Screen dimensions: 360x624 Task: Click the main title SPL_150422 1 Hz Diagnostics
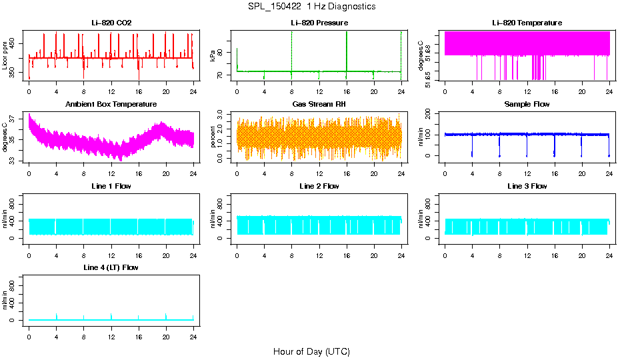[x=311, y=7]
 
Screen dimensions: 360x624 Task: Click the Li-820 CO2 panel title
[x=111, y=23]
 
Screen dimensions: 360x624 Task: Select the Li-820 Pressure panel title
[x=319, y=23]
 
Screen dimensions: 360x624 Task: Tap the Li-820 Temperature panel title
[x=527, y=23]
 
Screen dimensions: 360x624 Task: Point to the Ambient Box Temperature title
[x=111, y=104]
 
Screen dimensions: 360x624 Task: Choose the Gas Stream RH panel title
[x=319, y=104]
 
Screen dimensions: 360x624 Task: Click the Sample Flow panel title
[x=527, y=104]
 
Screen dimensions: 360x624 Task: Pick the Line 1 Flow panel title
[x=111, y=186]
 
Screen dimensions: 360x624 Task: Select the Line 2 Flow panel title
[x=319, y=186]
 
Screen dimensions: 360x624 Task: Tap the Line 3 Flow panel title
[x=527, y=186]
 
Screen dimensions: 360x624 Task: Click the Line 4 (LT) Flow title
[x=111, y=267]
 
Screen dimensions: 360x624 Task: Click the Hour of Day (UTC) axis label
[x=311, y=351]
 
